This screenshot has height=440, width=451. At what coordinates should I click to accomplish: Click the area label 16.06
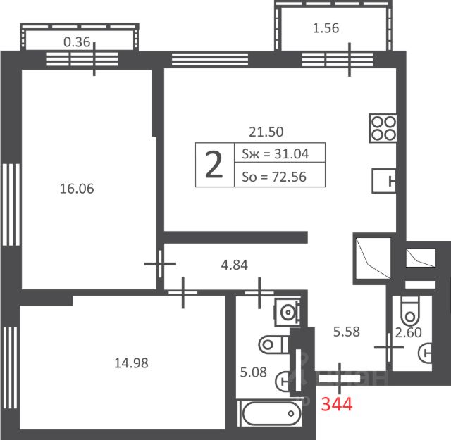(x=77, y=189)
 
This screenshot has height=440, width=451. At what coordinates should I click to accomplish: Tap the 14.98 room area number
(x=131, y=363)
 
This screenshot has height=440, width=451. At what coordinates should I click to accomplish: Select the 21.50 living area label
(x=266, y=132)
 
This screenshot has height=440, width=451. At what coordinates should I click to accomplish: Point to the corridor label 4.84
(x=234, y=265)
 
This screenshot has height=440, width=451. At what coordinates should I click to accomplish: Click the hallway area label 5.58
(x=346, y=332)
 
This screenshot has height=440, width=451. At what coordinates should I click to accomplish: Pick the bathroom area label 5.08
(x=254, y=372)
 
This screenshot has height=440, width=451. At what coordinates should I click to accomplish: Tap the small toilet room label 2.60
(x=408, y=333)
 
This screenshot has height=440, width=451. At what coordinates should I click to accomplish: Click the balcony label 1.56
(x=326, y=28)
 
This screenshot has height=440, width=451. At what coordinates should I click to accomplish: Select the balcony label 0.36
(x=77, y=42)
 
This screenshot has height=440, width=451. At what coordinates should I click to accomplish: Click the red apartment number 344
(x=337, y=404)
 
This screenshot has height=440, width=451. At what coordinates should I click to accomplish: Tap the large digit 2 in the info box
(x=214, y=165)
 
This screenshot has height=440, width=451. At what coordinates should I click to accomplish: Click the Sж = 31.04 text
(x=276, y=154)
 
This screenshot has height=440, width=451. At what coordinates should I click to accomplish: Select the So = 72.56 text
(x=274, y=177)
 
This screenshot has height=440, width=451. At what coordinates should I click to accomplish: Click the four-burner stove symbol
(x=383, y=128)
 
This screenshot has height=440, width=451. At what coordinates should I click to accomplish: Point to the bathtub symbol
(x=271, y=413)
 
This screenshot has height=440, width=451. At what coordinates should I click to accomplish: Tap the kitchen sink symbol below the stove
(x=384, y=181)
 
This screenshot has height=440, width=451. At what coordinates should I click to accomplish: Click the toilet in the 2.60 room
(x=410, y=310)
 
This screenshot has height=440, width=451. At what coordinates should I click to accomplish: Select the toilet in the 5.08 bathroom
(x=273, y=344)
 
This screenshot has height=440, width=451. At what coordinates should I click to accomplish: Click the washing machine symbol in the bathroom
(x=288, y=312)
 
